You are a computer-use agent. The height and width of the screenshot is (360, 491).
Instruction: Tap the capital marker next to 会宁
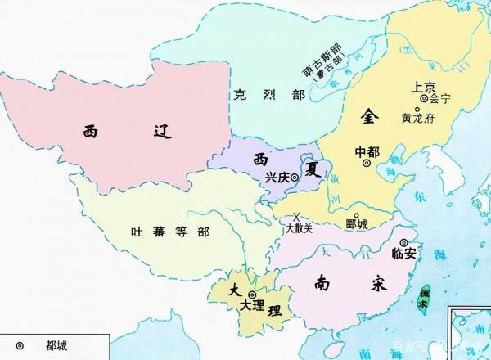[x=424, y=99]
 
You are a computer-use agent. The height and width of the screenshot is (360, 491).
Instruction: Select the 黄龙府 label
[x=417, y=117]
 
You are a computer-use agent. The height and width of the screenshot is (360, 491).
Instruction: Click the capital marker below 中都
[x=366, y=163]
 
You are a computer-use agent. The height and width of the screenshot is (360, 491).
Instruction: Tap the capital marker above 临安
[x=403, y=241]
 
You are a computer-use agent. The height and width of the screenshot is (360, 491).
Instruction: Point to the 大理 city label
[x=254, y=306]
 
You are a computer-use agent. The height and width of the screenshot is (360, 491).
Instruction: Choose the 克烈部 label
[x=264, y=96]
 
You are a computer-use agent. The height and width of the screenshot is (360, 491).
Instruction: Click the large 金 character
[x=369, y=118]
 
